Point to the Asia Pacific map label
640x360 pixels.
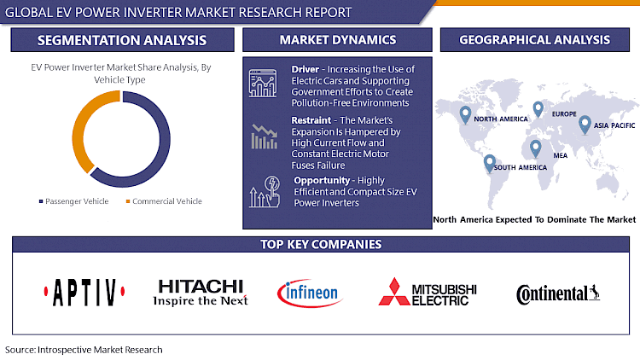pos(612,125)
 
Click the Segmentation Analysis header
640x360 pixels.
pos(121,40)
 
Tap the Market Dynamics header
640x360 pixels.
pos(338,40)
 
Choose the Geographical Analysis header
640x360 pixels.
pos(534,40)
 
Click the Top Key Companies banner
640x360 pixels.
pos(320,245)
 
